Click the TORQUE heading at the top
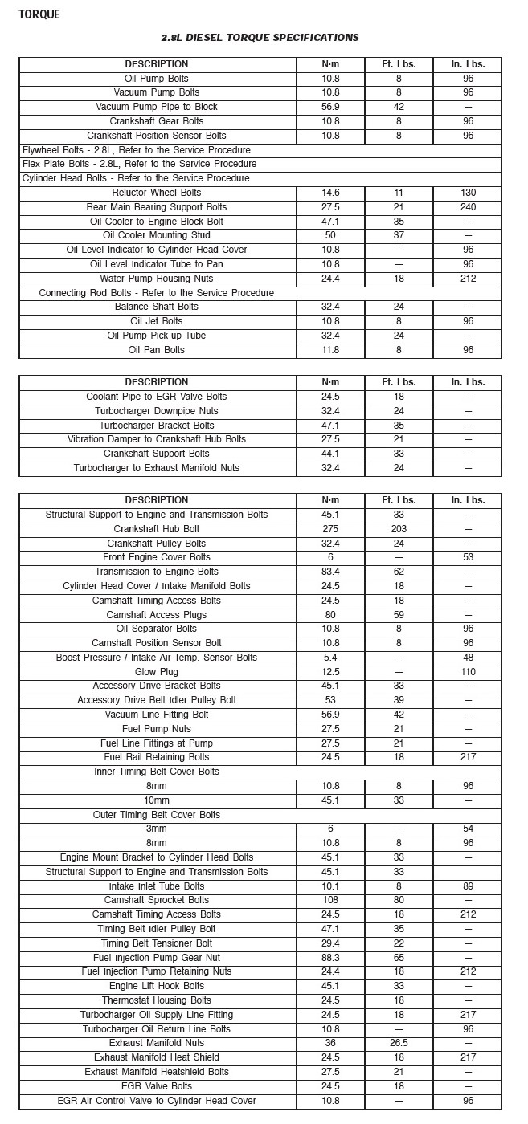tap(39, 14)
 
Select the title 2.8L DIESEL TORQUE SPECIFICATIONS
tap(260, 38)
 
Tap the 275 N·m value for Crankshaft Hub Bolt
tap(329, 529)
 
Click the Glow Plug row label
tap(157, 672)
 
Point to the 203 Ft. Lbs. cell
tap(399, 529)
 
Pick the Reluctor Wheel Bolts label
tap(157, 193)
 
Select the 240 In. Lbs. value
tap(468, 207)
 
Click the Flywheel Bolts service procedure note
tap(137, 150)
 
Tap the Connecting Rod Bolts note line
tap(157, 293)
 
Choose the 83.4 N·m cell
tap(329, 572)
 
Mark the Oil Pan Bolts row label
tap(157, 350)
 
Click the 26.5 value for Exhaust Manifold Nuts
tap(399, 1043)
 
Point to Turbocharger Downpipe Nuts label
tap(157, 411)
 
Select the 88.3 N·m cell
tap(329, 957)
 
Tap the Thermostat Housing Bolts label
tap(157, 1000)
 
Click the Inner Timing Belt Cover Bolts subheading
tap(157, 772)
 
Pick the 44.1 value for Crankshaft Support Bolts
tap(329, 454)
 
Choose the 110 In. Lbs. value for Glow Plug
tap(468, 672)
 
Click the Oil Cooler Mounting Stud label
tap(157, 235)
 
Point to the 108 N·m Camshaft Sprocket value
tap(329, 900)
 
